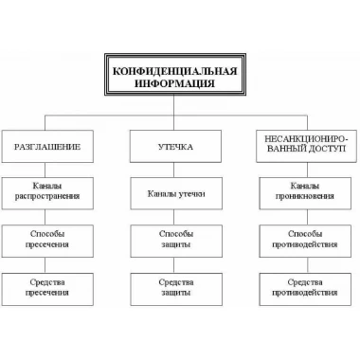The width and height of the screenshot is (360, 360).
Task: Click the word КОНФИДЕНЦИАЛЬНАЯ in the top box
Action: coord(175,71)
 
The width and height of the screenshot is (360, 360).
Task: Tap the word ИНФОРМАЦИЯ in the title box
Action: coord(175,83)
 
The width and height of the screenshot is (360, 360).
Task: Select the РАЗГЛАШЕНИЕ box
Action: coord(47,147)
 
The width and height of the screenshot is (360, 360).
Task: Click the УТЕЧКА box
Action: coord(175,147)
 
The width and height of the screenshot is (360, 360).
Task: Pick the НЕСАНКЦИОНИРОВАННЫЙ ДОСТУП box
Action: coord(305,147)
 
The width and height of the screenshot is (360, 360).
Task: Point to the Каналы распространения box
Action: coord(47,193)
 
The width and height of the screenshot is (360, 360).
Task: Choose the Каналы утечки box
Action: coord(176,193)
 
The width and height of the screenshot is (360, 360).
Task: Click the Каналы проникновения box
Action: coord(305,193)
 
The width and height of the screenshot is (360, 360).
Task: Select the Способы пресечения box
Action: coord(47,242)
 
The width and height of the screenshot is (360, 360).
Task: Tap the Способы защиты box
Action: coord(176,242)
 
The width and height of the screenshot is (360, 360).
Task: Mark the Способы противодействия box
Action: coord(305,242)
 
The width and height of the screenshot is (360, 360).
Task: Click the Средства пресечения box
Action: coord(47,289)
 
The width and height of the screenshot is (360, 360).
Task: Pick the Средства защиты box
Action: coord(176,289)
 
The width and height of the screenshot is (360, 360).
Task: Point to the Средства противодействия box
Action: coord(305,289)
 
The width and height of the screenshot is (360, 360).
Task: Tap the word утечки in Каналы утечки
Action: coord(192,194)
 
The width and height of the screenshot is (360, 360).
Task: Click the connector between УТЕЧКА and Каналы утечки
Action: coord(174,171)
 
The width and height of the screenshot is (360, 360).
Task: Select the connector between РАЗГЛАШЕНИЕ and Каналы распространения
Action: coord(45,171)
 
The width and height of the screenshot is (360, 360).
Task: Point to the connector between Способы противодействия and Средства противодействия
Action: coord(307,265)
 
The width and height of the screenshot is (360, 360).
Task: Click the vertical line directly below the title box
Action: coord(174,105)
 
